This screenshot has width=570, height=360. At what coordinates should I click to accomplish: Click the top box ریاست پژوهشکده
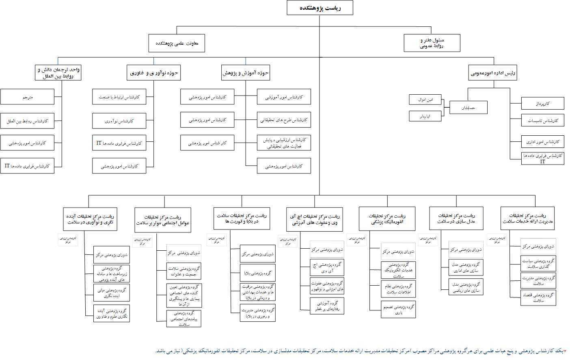click(320, 8)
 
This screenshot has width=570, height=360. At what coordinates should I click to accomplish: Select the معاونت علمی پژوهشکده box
click(177, 43)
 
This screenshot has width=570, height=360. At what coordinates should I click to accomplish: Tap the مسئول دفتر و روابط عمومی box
click(432, 43)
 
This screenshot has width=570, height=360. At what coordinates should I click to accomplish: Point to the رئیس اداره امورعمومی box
click(492, 73)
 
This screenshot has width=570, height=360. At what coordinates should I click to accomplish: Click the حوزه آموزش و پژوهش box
click(245, 73)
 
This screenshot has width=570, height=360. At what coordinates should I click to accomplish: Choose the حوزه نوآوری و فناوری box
click(153, 73)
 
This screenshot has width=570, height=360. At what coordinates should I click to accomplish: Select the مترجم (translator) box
click(27, 97)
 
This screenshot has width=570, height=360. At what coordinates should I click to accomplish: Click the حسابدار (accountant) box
click(468, 107)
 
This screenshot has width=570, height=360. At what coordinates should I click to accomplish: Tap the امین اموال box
click(425, 100)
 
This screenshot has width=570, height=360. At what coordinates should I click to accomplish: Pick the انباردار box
click(425, 116)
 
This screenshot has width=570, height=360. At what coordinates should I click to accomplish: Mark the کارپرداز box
click(542, 104)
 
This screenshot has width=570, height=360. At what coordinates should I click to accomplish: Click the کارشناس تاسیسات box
click(542, 120)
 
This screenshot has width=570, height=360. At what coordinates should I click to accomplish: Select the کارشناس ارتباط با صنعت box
click(119, 97)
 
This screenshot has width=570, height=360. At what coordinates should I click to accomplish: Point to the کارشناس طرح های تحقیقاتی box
click(284, 120)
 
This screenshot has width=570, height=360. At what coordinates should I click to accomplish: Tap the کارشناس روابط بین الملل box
click(27, 121)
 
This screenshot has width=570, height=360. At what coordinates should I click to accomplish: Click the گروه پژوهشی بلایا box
click(258, 273)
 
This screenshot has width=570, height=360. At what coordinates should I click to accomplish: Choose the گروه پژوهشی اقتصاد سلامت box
click(538, 297)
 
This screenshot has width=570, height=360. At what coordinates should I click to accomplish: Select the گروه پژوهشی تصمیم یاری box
click(398, 310)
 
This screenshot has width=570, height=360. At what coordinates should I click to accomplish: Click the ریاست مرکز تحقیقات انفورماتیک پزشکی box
click(387, 219)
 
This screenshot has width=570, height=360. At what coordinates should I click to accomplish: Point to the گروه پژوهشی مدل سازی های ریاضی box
click(466, 287)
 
